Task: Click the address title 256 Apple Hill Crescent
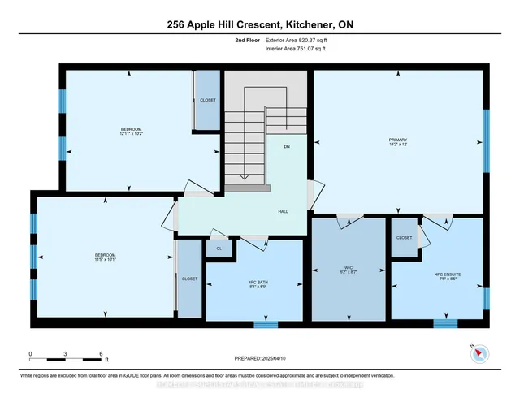click(259, 24)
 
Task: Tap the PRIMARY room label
click(397, 140)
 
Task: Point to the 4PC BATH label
click(258, 283)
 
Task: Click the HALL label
click(284, 210)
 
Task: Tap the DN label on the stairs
click(287, 147)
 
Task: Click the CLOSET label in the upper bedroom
click(207, 101)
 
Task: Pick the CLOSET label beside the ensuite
click(404, 238)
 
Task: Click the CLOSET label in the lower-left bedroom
click(189, 279)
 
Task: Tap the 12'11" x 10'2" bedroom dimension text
click(132, 134)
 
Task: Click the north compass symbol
click(478, 352)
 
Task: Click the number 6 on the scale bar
click(101, 354)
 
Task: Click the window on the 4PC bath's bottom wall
click(265, 325)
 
